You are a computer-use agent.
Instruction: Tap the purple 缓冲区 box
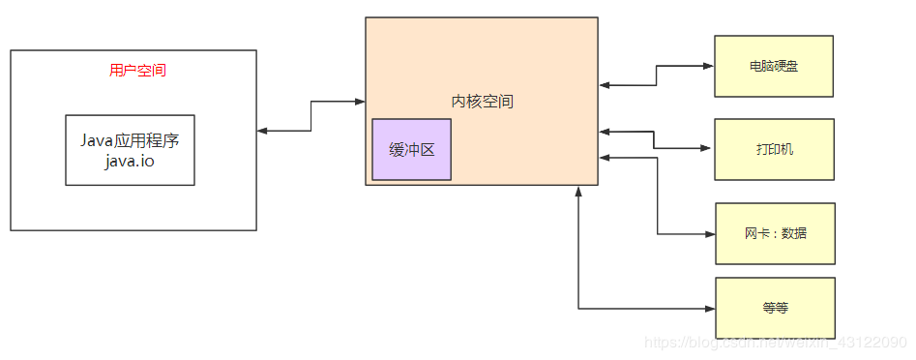[x=411, y=150]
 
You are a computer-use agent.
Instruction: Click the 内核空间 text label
[x=482, y=101]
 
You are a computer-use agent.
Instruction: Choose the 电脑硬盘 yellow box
[x=773, y=67]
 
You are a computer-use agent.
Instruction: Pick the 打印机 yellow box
[x=773, y=150]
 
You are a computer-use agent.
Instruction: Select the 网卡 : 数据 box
[x=774, y=233]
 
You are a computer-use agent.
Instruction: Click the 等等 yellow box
[x=774, y=308]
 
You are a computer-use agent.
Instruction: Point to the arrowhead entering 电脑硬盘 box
[x=708, y=67]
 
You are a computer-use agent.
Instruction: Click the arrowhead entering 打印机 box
[x=708, y=148]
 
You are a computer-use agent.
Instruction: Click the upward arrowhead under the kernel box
[x=578, y=192]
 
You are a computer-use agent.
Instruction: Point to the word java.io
[x=130, y=161]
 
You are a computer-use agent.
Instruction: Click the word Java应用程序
[x=130, y=140]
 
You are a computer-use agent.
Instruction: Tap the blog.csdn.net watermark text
[x=774, y=343]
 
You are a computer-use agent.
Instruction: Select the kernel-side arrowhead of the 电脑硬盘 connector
[x=605, y=86]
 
